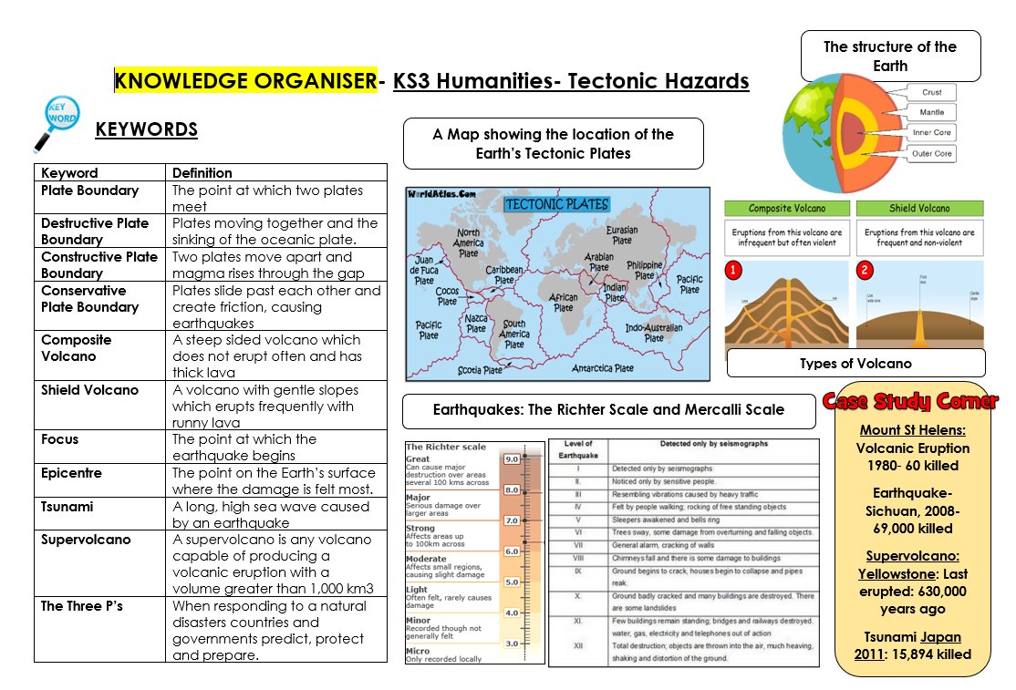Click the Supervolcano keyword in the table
86,540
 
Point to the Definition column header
202,172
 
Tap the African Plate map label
564,302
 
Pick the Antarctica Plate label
603,368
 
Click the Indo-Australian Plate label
654,332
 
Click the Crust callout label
931,92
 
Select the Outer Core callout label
932,153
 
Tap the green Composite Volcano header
787,209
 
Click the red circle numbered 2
866,270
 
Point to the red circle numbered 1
733,270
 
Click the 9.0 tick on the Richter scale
512,459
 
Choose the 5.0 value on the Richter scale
512,582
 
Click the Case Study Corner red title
910,401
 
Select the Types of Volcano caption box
855,364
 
